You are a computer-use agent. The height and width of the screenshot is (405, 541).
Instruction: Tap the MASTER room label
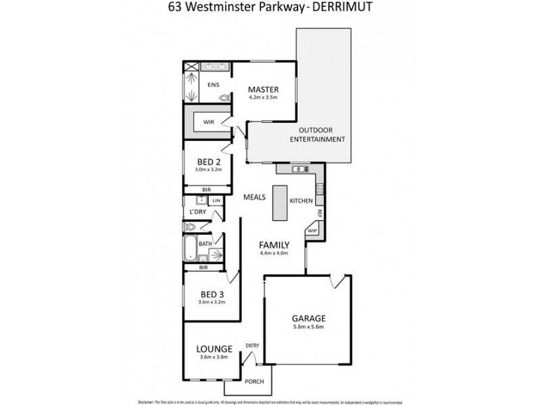[x=263, y=89]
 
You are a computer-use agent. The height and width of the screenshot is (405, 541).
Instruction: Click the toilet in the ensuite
[x=224, y=99]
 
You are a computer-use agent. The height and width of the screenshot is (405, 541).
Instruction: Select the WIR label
[x=209, y=123]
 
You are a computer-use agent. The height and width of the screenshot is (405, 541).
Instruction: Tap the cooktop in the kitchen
[x=321, y=189]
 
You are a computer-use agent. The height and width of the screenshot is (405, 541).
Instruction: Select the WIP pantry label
[x=312, y=231]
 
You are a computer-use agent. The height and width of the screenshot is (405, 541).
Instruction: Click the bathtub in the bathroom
[x=190, y=250]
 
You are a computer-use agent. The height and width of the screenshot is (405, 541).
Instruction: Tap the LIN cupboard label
[x=216, y=201]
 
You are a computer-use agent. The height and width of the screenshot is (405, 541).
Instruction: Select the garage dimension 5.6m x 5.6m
[x=309, y=327]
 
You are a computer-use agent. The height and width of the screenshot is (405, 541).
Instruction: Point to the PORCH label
[x=254, y=381]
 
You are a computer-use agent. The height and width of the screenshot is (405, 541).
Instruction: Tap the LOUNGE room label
[x=214, y=349]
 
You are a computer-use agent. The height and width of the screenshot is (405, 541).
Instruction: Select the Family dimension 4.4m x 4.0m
[x=274, y=254]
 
